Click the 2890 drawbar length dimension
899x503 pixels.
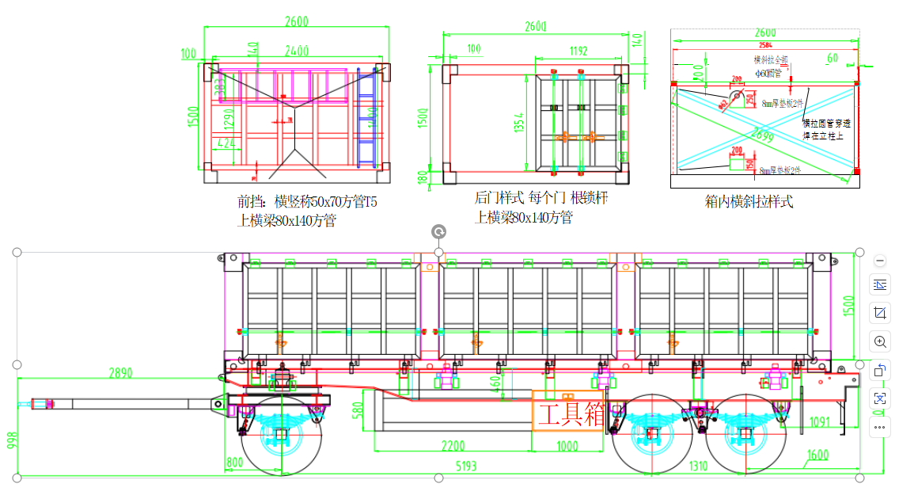pos(120,372)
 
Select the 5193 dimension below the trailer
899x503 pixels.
pos(466,466)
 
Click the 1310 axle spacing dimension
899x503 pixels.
pos(697,466)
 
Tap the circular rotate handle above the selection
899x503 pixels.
pos(438,231)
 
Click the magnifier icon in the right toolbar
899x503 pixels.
pos(880,342)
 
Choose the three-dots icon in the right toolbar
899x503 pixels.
pos(880,428)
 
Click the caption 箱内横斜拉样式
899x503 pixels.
pos(749,201)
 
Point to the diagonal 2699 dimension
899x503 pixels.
pos(765,136)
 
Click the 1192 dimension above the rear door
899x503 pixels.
pos(578,51)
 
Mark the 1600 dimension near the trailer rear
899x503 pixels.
pos(817,455)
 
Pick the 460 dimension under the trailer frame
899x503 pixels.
pos(495,383)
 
